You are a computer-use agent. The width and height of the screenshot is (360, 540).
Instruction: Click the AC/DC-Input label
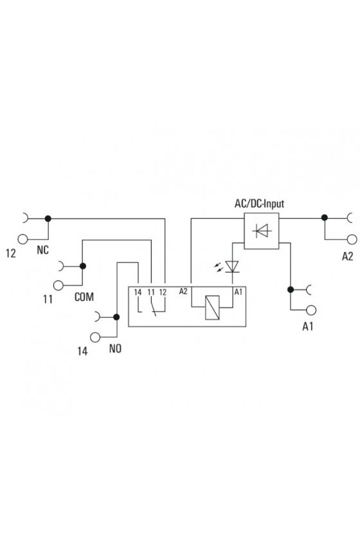(259, 204)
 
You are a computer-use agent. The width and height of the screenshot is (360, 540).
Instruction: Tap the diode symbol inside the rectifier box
(262, 231)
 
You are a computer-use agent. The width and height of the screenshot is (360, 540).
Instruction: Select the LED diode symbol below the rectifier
(232, 267)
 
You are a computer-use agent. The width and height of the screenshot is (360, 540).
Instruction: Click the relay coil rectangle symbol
(212, 307)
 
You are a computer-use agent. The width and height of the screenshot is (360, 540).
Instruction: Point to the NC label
(42, 250)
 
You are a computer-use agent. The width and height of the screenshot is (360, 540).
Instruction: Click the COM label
(84, 297)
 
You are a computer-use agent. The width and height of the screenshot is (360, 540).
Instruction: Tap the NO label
(115, 348)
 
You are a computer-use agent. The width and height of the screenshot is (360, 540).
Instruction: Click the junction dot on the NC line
(48, 219)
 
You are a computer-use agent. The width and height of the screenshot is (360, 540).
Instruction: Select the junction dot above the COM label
(83, 266)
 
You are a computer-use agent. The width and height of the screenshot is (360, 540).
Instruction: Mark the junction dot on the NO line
(116, 317)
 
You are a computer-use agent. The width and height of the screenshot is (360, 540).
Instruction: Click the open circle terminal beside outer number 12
(22, 239)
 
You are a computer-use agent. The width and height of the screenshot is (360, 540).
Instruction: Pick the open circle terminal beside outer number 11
(59, 285)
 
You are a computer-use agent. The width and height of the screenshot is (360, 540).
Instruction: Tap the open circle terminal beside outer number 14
(95, 337)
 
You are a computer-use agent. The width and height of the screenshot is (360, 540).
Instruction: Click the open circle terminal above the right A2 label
(352, 239)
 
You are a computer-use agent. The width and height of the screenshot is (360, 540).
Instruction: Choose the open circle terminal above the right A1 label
(311, 310)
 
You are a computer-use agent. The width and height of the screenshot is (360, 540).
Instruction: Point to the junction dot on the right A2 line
(324, 218)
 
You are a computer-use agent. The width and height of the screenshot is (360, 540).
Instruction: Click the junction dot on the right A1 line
(291, 290)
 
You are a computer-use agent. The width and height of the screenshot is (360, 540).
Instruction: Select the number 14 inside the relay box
(138, 292)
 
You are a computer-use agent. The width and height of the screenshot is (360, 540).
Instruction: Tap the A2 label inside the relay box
(183, 291)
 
